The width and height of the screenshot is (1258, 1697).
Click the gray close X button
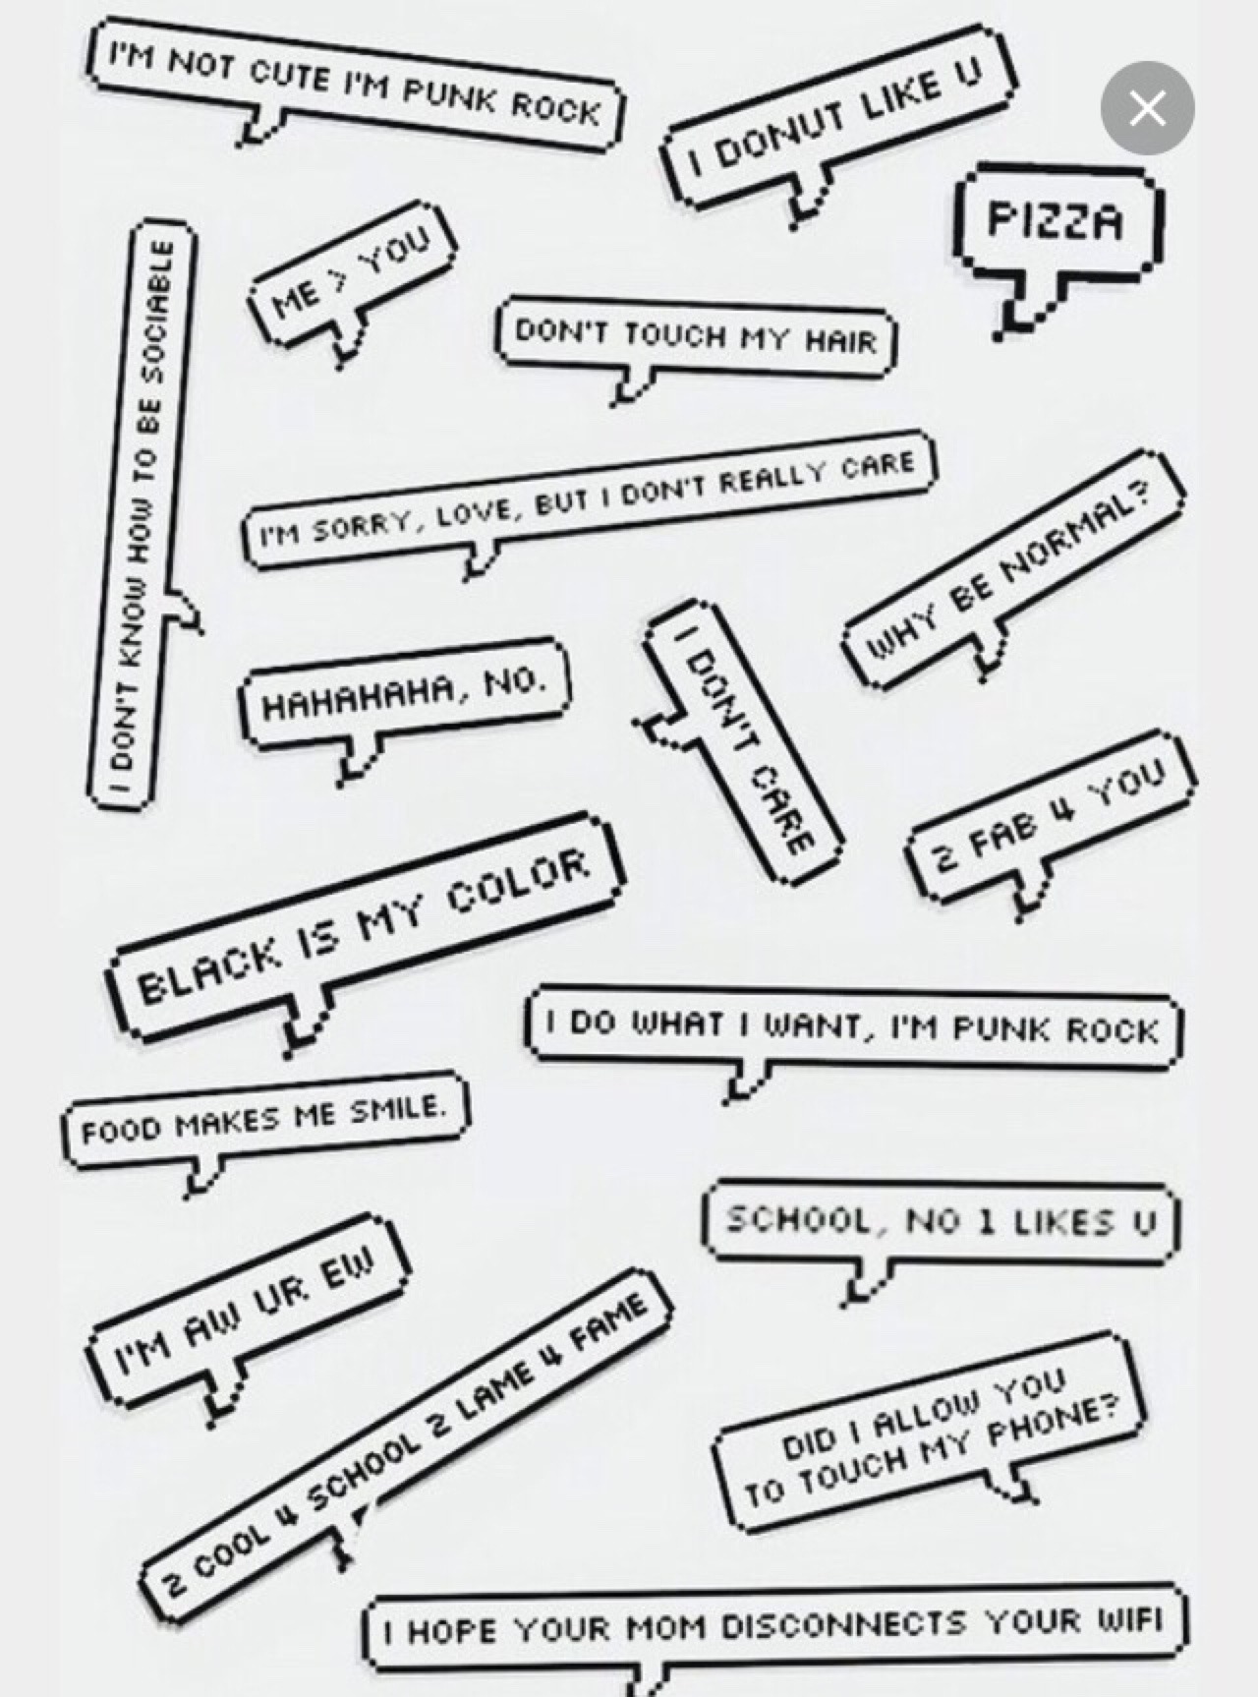(1147, 108)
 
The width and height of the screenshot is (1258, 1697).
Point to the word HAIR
(840, 341)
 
